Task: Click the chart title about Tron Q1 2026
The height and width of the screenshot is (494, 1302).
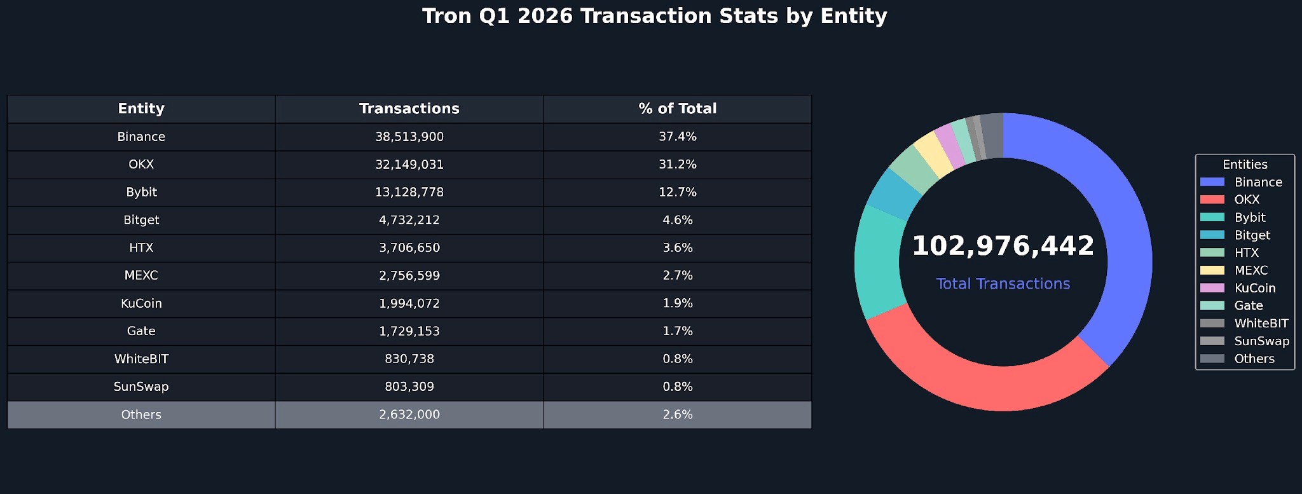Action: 654,16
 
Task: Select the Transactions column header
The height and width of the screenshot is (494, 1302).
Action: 409,109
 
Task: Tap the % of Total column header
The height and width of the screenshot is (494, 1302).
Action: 677,109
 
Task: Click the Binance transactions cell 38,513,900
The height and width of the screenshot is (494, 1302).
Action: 409,137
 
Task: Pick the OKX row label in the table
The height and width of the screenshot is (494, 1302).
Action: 141,165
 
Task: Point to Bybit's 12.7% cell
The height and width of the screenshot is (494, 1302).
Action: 677,192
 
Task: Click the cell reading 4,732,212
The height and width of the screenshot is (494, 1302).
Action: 409,220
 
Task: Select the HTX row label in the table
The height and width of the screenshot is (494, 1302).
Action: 141,248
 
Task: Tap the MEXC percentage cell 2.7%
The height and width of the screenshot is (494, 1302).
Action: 677,275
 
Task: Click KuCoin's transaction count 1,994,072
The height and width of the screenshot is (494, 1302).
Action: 409,303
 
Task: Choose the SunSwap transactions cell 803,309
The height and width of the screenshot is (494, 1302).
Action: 409,387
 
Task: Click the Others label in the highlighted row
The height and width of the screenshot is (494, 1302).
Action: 141,415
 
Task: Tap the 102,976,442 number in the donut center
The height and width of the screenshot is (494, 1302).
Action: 1003,246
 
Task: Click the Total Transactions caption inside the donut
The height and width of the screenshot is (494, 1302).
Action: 1003,284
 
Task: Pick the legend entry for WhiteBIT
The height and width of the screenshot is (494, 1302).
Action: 1261,324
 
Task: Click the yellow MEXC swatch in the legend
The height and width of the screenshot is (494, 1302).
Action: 1212,270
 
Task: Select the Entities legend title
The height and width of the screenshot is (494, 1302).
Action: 1244,165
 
